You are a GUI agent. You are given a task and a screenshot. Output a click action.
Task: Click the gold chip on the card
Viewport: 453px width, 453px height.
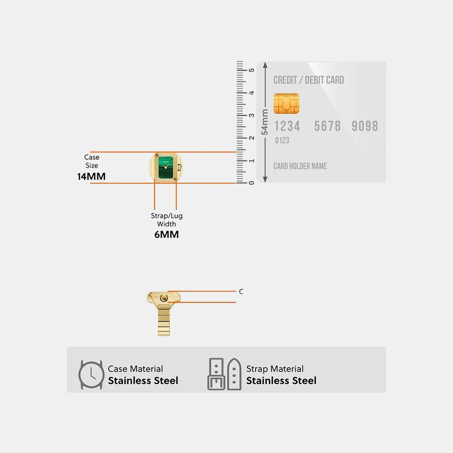tap(286, 104)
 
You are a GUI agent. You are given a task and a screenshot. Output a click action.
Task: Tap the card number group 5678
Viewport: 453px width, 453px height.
tap(327, 126)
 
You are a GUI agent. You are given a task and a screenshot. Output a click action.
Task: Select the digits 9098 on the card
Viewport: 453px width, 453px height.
tap(364, 126)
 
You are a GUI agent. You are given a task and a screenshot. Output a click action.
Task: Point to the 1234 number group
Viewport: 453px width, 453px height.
tap(287, 126)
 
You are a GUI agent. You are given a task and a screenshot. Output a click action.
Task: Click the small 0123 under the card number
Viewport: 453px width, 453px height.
tap(282, 141)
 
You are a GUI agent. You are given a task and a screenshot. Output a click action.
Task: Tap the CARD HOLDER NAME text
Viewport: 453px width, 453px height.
tap(300, 166)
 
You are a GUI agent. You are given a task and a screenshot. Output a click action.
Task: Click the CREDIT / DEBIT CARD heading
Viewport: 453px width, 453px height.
tap(309, 80)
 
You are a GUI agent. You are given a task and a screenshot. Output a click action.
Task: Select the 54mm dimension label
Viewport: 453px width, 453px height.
tap(265, 122)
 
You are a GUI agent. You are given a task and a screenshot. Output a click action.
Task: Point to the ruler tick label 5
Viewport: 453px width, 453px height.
tap(252, 70)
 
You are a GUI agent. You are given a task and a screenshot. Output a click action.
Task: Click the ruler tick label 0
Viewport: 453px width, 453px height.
tap(252, 183)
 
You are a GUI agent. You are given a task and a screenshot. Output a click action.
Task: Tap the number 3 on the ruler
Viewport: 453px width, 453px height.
tap(252, 115)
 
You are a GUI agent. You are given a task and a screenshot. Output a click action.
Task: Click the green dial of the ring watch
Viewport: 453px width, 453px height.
tap(166, 167)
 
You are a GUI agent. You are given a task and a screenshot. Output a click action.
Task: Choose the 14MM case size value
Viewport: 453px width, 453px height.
tap(91, 176)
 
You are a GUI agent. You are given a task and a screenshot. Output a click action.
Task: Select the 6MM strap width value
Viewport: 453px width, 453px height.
tap(167, 234)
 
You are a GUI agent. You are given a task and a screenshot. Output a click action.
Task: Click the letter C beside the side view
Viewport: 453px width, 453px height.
tap(241, 292)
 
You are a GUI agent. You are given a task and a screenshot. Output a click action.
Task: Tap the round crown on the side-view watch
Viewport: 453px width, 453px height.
tap(164, 298)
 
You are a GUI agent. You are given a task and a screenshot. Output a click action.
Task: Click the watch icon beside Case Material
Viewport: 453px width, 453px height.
tap(91, 375)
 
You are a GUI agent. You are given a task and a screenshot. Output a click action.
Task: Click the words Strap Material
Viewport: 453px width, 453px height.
tap(275, 369)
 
